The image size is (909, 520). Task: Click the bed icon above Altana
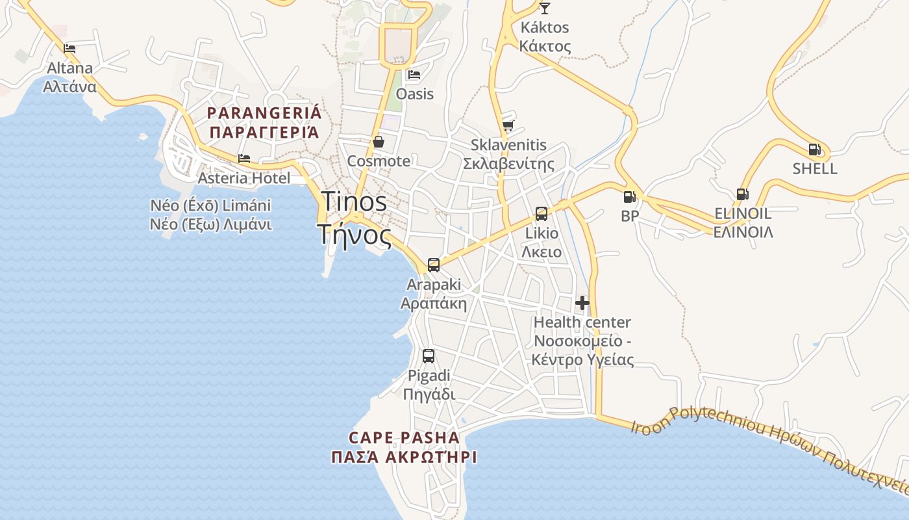click(x=69, y=48)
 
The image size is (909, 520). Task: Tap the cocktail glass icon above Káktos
click(x=545, y=8)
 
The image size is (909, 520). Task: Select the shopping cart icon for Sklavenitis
click(x=508, y=125)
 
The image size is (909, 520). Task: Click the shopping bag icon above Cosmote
click(x=378, y=142)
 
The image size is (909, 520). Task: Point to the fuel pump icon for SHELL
click(x=814, y=149)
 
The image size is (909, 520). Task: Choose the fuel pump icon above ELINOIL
click(x=742, y=194)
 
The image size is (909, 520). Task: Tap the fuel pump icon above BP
click(x=629, y=196)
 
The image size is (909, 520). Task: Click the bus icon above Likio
click(x=542, y=213)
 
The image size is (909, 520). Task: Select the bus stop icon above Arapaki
click(x=433, y=265)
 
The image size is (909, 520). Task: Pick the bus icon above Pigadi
click(x=429, y=356)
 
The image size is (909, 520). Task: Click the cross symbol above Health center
click(x=582, y=303)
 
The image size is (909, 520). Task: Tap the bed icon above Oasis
click(x=414, y=75)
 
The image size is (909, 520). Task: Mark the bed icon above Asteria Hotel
click(x=244, y=158)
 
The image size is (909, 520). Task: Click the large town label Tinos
click(x=354, y=201)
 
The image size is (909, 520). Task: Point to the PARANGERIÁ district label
click(x=264, y=113)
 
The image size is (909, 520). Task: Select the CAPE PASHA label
click(x=404, y=437)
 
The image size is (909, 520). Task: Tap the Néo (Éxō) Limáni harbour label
click(x=211, y=206)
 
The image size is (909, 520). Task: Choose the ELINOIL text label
click(x=743, y=213)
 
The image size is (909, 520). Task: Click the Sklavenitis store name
click(x=508, y=145)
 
